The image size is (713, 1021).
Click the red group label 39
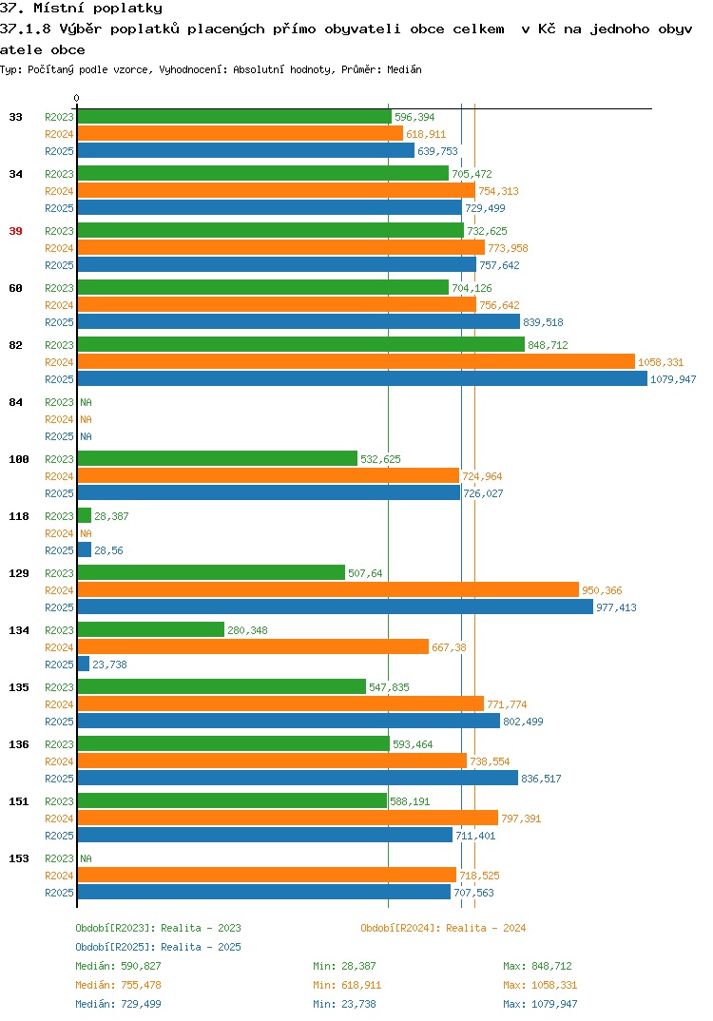(15, 231)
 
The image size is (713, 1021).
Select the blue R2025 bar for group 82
(362, 379)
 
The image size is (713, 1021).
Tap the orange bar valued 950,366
(328, 590)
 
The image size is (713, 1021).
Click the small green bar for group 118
(84, 515)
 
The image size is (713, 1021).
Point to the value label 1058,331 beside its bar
(661, 362)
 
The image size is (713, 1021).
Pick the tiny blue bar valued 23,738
(84, 665)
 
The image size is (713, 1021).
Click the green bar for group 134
(151, 629)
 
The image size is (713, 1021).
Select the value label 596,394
(414, 117)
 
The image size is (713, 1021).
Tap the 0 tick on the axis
(76, 98)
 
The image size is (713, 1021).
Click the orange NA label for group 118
(86, 533)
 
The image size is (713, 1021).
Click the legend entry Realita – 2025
(158, 947)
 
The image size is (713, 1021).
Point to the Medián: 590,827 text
(118, 966)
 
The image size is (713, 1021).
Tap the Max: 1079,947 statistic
(540, 1004)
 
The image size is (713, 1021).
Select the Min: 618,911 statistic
(347, 985)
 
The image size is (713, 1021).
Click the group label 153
(19, 858)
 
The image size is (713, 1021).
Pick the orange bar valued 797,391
(288, 818)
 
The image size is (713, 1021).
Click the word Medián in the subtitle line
(404, 69)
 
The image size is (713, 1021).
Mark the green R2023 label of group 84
(59, 402)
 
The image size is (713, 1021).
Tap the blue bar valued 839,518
(299, 321)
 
